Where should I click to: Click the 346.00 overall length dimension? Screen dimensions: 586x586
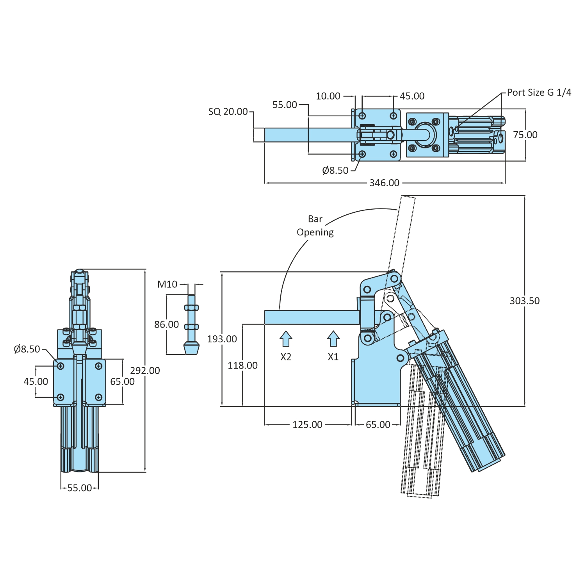pyautogui.click(x=384, y=183)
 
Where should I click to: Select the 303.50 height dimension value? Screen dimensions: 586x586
pyautogui.click(x=524, y=301)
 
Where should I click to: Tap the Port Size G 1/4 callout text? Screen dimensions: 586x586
pyautogui.click(x=539, y=93)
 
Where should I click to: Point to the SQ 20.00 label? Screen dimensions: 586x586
pyautogui.click(x=228, y=112)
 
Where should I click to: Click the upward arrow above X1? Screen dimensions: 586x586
pyautogui.click(x=333, y=338)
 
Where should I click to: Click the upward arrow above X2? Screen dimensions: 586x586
pyautogui.click(x=286, y=338)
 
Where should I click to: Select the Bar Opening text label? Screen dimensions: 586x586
pyautogui.click(x=315, y=226)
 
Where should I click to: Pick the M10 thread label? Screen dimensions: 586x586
pyautogui.click(x=167, y=284)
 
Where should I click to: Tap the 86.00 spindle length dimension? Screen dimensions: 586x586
pyautogui.click(x=166, y=324)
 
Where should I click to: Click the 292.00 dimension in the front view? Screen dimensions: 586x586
pyautogui.click(x=145, y=370)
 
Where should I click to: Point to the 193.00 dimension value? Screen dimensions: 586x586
pyautogui.click(x=222, y=339)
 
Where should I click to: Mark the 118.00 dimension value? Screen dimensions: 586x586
pyautogui.click(x=242, y=365)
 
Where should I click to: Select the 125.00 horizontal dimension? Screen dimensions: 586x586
pyautogui.click(x=307, y=424)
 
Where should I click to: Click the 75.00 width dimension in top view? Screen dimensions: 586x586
pyautogui.click(x=525, y=135)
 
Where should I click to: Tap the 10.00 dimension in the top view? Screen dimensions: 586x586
pyautogui.click(x=328, y=96)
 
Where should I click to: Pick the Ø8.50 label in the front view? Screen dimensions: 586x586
pyautogui.click(x=27, y=349)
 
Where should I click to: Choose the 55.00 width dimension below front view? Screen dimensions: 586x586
pyautogui.click(x=80, y=488)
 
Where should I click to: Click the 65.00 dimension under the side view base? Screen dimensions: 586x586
pyautogui.click(x=378, y=424)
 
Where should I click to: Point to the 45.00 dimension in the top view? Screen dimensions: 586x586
pyautogui.click(x=412, y=96)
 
